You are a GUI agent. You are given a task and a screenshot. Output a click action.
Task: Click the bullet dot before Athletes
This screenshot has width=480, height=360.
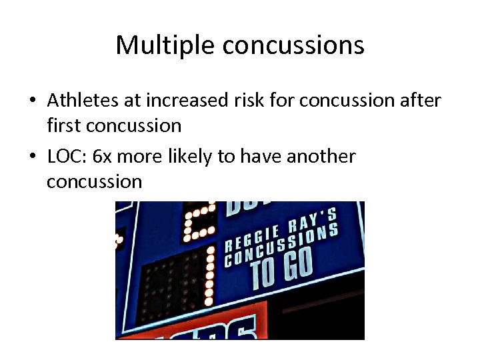[33, 101]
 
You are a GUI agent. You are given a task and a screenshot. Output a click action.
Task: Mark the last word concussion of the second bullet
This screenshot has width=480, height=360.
[94, 181]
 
